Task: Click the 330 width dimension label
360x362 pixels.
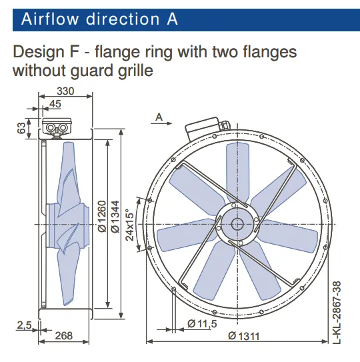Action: pos(65,91)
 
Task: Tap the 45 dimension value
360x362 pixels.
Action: pos(55,104)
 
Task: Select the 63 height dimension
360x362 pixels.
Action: pos(21,128)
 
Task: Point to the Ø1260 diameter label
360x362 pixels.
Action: pos(102,216)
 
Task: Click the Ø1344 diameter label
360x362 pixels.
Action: pos(115,216)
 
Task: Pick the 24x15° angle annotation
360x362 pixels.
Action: pos(130,225)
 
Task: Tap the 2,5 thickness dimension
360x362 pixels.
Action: pos(24,325)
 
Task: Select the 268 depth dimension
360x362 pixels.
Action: pos(64,336)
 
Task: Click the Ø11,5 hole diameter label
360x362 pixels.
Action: pos(202,324)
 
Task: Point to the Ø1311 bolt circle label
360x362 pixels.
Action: pos(244,336)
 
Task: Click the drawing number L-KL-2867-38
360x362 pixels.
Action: pos(337,313)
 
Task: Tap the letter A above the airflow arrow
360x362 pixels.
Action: pos(159,117)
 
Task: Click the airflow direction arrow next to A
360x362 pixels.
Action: pos(161,123)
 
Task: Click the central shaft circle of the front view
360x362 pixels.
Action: pos(237,224)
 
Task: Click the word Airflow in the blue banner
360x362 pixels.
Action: pos(50,19)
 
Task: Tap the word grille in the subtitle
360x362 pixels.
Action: pos(135,71)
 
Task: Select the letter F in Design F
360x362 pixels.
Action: pos(75,52)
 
